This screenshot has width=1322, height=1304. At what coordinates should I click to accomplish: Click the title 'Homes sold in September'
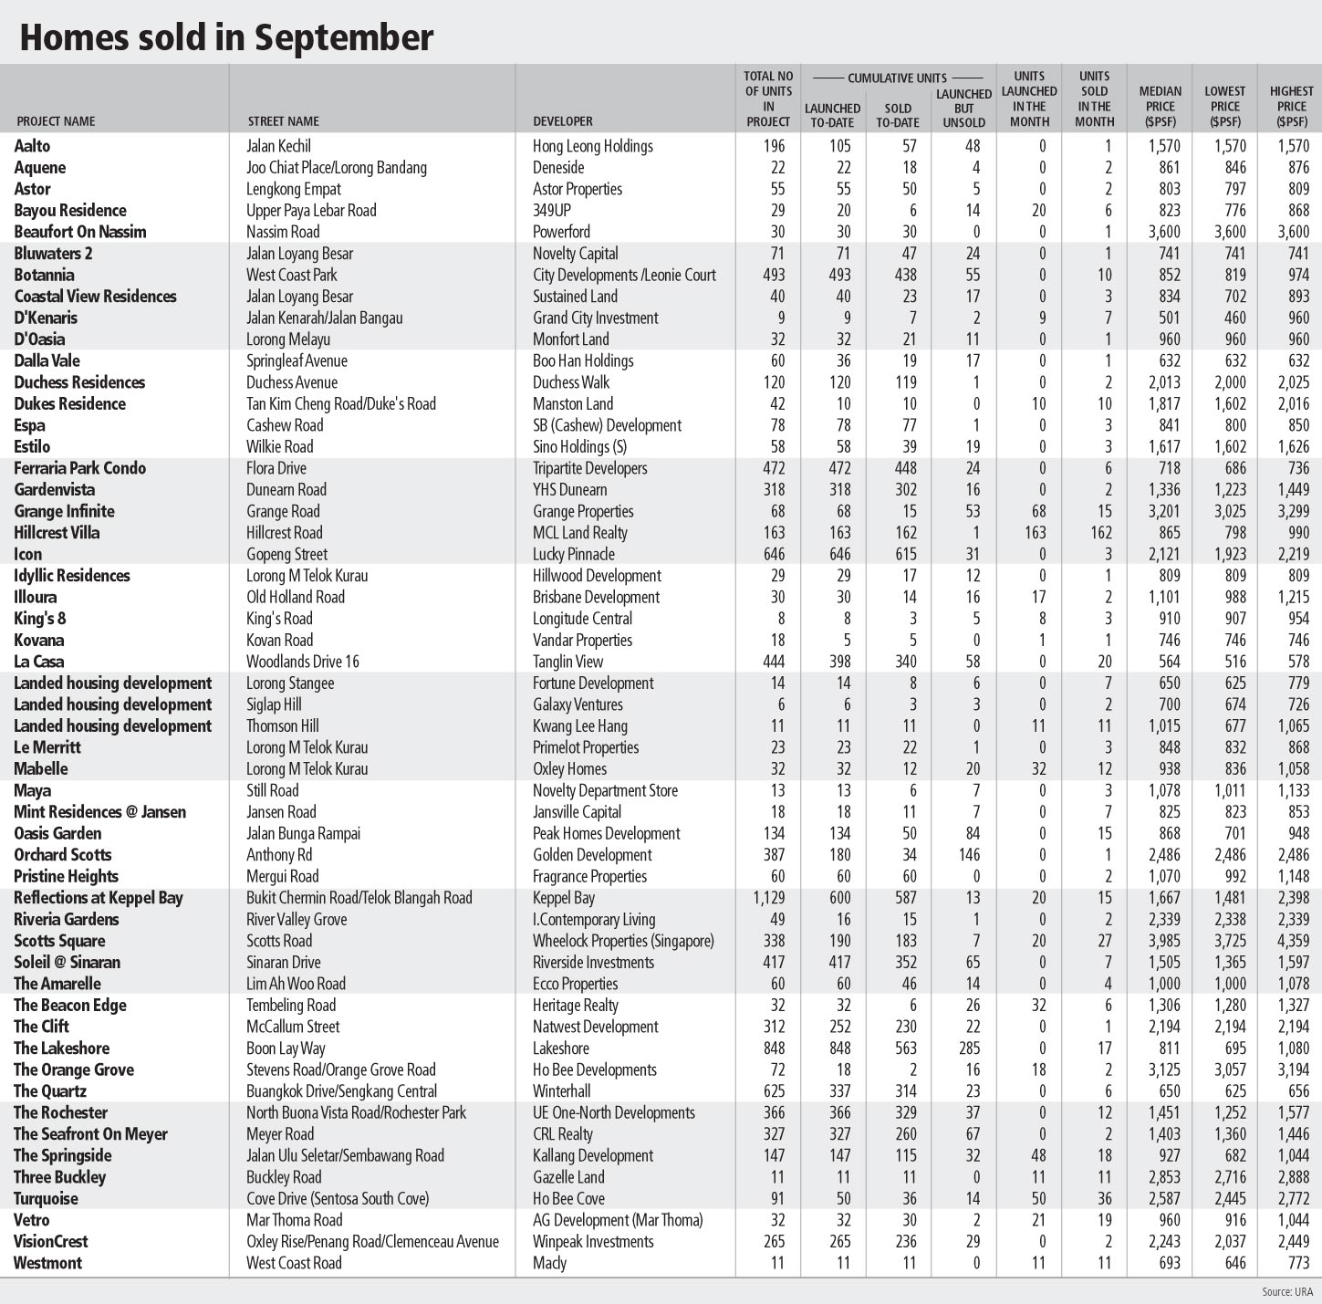point(226,37)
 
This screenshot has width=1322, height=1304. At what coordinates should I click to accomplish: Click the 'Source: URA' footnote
point(1287,1291)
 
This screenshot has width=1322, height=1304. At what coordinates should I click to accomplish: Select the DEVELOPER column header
point(562,121)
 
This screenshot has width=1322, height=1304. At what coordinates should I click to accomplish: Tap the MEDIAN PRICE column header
point(1160,106)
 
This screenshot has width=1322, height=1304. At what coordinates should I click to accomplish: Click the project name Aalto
point(33,146)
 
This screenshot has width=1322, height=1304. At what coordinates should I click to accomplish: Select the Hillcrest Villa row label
point(57,533)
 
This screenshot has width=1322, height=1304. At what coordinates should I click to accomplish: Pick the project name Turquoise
point(46,1199)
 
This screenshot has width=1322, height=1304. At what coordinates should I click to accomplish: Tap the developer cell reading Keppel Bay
point(563,898)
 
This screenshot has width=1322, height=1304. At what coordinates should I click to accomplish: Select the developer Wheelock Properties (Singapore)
point(623,941)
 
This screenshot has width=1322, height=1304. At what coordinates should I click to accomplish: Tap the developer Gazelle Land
point(568,1177)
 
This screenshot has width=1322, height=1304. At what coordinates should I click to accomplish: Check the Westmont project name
point(47,1263)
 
